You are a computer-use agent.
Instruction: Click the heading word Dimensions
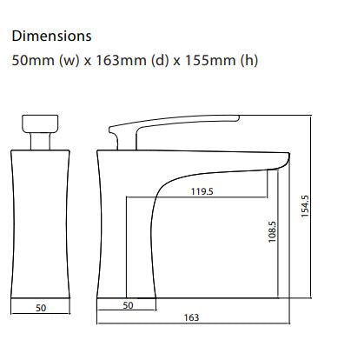(x=50, y=37)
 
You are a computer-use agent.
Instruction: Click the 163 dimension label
(x=192, y=318)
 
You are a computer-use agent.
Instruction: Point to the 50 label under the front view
(x=40, y=308)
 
